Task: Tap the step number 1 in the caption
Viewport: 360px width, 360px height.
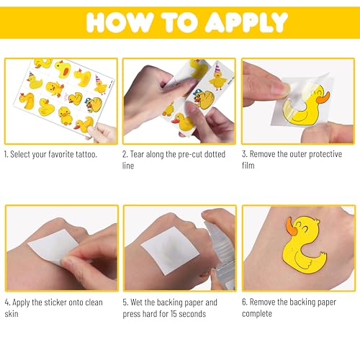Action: coord(7,155)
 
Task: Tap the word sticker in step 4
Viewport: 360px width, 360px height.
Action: coord(60,302)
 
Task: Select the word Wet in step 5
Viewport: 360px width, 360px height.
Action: coord(143,302)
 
